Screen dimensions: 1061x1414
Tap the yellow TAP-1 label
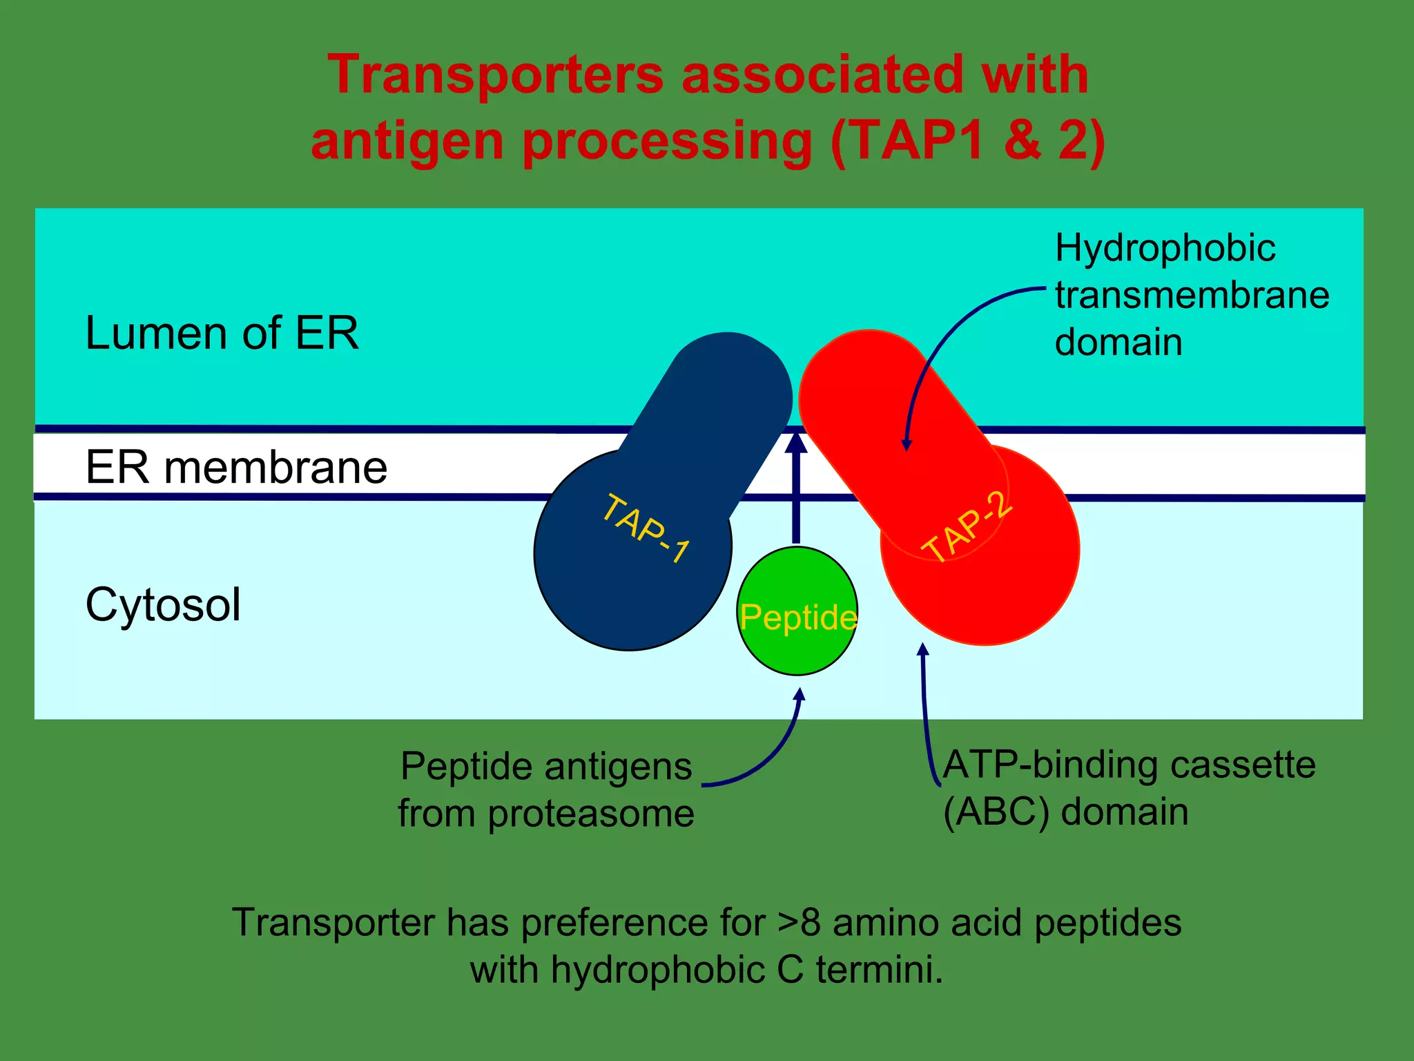tap(646, 528)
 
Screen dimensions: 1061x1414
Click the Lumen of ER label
tap(222, 334)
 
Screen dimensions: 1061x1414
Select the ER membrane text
tap(236, 468)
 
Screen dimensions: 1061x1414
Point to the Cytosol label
tap(163, 604)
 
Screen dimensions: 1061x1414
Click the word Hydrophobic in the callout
tap(1165, 248)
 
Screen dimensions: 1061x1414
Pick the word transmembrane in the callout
tap(1192, 295)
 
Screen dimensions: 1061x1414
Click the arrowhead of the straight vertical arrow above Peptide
tap(796, 441)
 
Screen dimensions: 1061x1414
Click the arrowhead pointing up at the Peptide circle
tap(800, 694)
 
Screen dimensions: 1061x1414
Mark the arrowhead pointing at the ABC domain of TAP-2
tap(922, 649)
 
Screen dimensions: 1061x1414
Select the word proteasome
tap(591, 814)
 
